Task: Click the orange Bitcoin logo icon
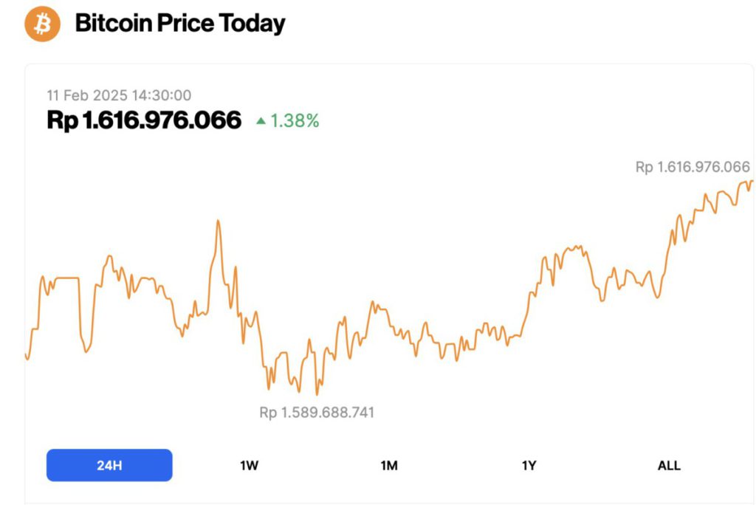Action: click(42, 24)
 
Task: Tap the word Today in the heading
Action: click(253, 24)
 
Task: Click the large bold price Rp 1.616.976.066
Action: click(144, 120)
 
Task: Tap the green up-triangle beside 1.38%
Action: click(261, 120)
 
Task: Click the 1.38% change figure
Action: click(295, 121)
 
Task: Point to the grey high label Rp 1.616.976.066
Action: click(693, 168)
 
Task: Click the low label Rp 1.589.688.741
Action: click(317, 413)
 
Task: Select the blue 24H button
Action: click(109, 465)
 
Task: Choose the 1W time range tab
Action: click(250, 465)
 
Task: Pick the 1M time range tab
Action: click(389, 465)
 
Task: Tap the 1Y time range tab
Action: click(529, 465)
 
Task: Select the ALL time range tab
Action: click(669, 465)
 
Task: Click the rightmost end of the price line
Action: click(752, 181)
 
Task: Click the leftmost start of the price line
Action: click(26, 355)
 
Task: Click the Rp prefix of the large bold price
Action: click(62, 120)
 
